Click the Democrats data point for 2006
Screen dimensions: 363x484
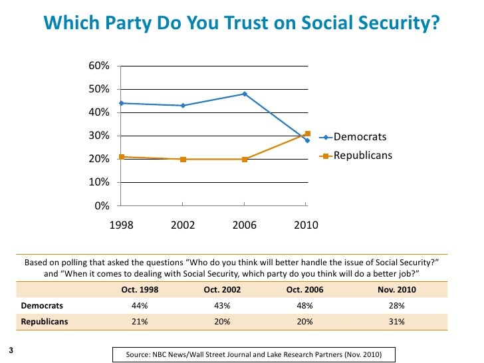point(245,94)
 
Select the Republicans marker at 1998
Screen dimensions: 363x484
point(121,157)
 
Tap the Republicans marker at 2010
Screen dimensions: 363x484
point(307,134)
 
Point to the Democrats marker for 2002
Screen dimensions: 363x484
point(183,105)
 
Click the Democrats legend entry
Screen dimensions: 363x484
point(359,137)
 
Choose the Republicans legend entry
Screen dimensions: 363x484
point(362,156)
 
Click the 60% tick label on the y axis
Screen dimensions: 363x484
point(98,66)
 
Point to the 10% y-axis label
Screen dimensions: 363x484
point(98,182)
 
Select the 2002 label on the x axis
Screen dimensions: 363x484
point(183,225)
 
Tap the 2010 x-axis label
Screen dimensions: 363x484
point(306,225)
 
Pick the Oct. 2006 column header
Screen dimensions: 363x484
point(304,290)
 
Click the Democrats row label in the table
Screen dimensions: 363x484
point(42,305)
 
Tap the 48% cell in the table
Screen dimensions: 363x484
point(304,305)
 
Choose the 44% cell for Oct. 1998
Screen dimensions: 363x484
point(140,305)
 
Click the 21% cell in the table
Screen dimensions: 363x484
point(140,320)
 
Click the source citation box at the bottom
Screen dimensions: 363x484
point(253,354)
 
